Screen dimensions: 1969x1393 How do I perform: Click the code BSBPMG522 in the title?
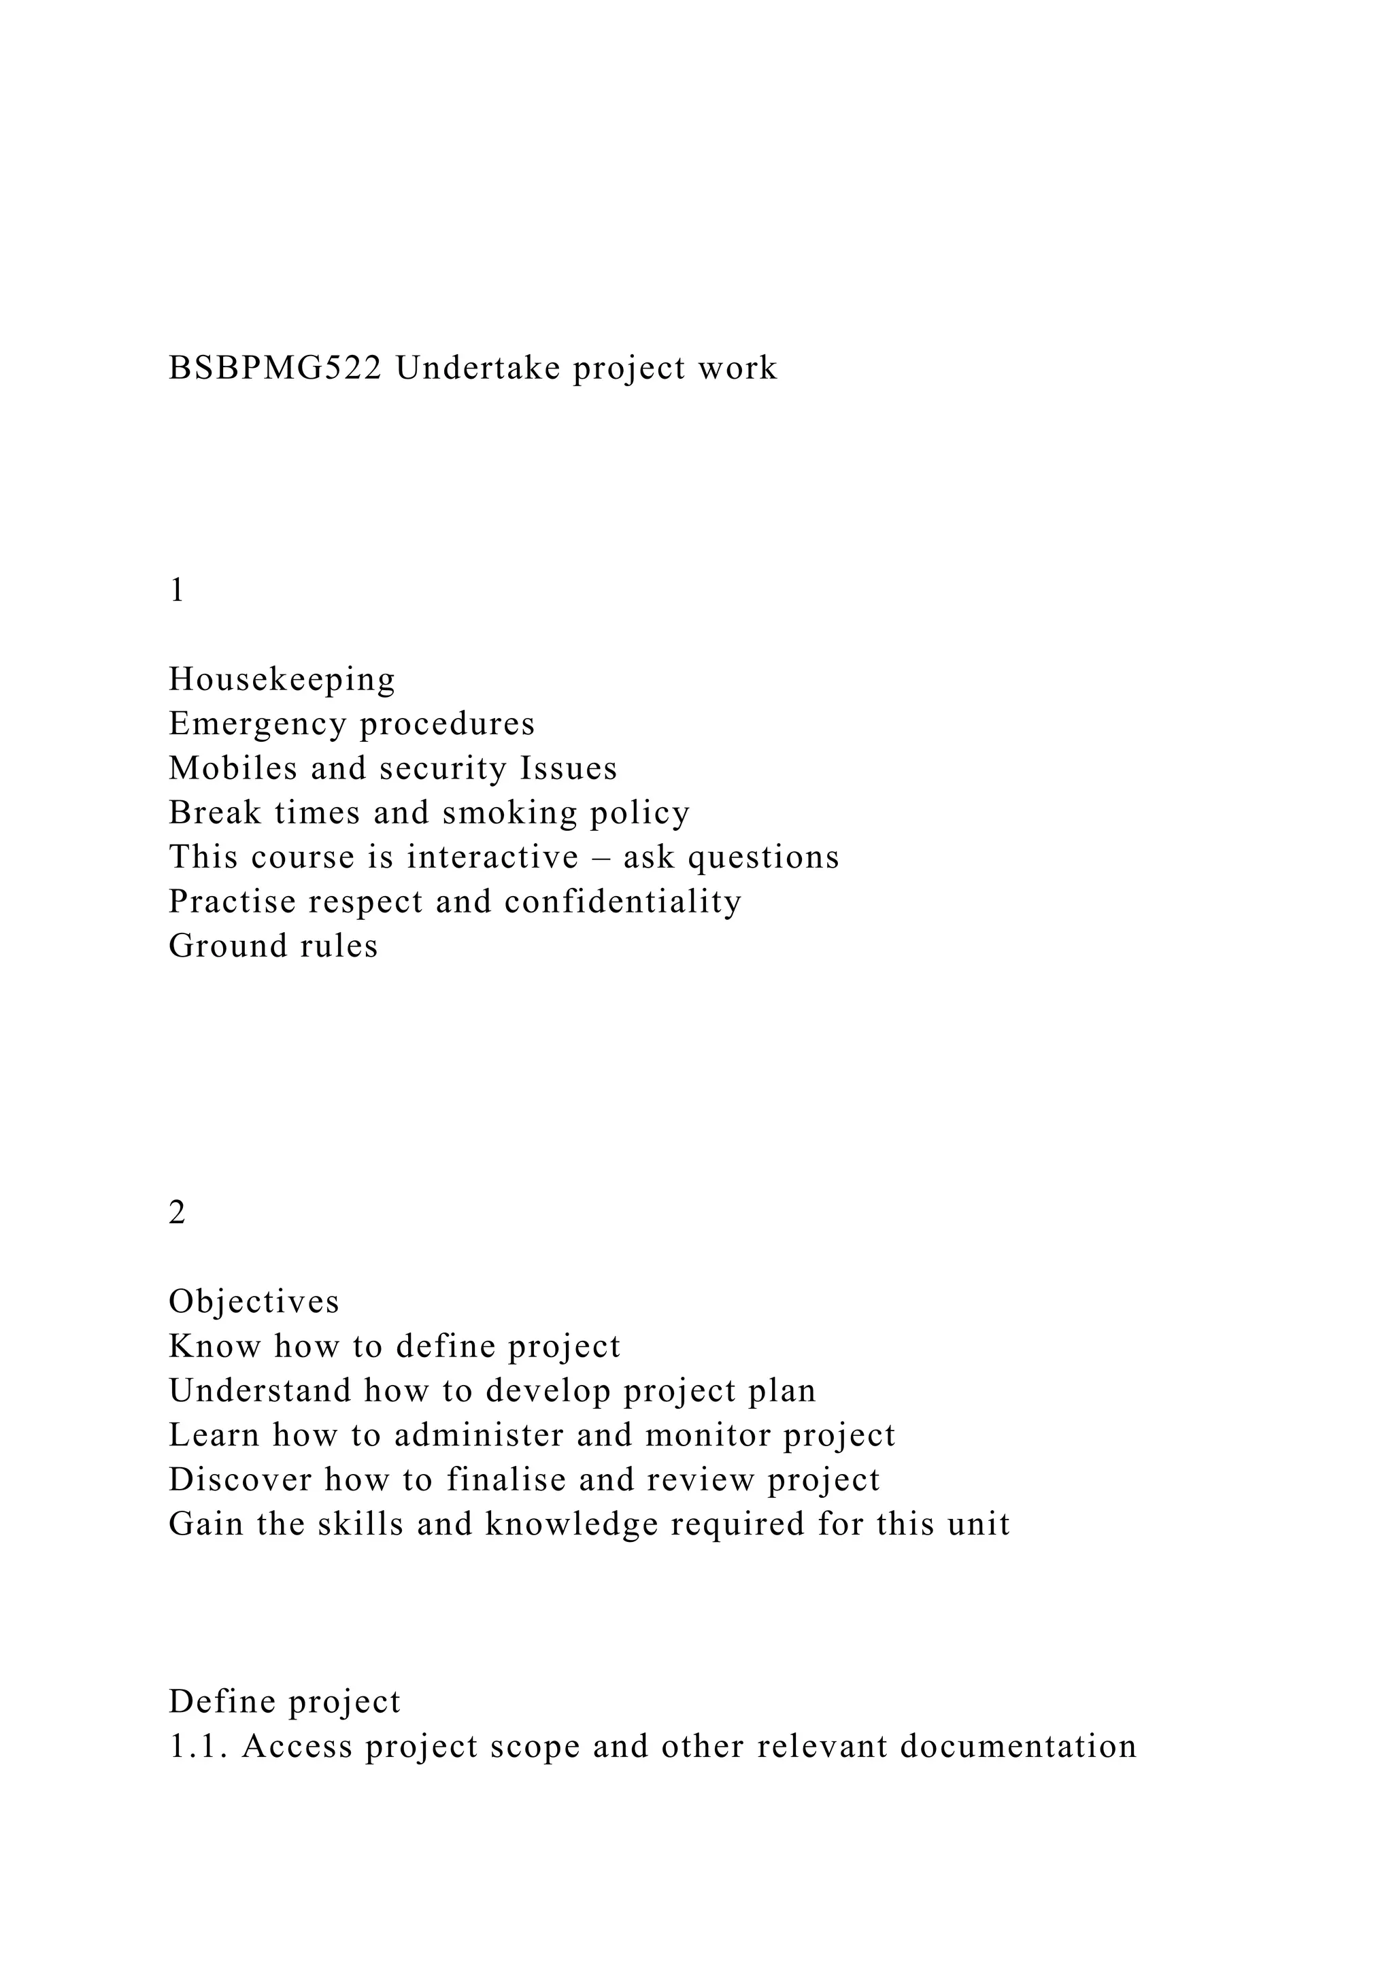(275, 368)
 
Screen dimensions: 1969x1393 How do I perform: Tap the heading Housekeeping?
(282, 679)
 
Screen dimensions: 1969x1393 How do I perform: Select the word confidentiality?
(623, 902)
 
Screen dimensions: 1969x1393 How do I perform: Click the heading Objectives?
(254, 1302)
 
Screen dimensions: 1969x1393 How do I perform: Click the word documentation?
(1018, 1747)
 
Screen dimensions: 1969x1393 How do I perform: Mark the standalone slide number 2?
(178, 1214)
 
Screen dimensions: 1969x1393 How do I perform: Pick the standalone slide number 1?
(178, 591)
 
